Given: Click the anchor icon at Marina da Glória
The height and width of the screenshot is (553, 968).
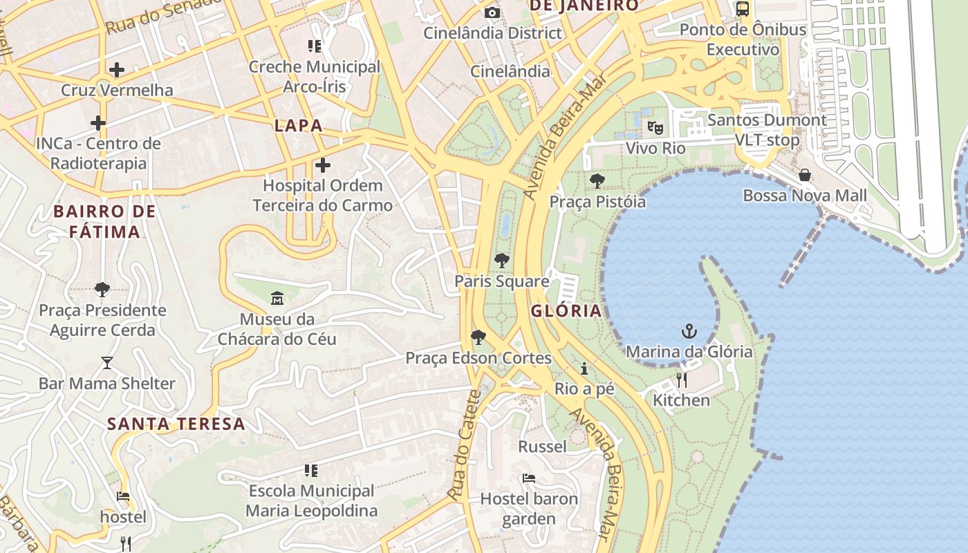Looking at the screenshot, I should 689,331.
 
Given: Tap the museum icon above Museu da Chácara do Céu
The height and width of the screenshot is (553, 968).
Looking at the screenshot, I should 277,299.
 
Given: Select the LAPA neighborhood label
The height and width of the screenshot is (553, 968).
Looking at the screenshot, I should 299,126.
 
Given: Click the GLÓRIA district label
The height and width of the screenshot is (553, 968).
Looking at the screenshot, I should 566,311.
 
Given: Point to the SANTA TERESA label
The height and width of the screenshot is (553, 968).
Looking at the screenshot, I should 176,424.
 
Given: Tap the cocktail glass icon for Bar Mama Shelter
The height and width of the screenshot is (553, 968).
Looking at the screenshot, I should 107,363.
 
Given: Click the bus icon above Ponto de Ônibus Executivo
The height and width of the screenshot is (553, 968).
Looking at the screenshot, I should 743,9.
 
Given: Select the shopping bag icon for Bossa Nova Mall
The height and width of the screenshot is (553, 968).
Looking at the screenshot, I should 804,175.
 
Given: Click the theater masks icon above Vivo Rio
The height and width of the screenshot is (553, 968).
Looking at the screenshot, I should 655,128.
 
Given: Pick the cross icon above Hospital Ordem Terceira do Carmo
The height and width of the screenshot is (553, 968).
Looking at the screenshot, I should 322,165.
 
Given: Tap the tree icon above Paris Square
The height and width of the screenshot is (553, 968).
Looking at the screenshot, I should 502,261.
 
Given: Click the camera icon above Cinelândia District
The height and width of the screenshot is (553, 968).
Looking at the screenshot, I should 492,12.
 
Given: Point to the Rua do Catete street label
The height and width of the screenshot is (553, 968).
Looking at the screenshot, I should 464,446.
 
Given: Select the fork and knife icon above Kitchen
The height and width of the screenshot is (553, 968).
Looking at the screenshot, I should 682,379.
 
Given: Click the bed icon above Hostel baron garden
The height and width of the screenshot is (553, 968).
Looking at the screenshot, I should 529,478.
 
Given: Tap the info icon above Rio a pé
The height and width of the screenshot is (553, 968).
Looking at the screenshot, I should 584,368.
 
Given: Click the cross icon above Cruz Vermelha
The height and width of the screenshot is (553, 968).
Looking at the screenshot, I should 117,69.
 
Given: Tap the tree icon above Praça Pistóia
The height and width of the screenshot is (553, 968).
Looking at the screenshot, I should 597,181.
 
